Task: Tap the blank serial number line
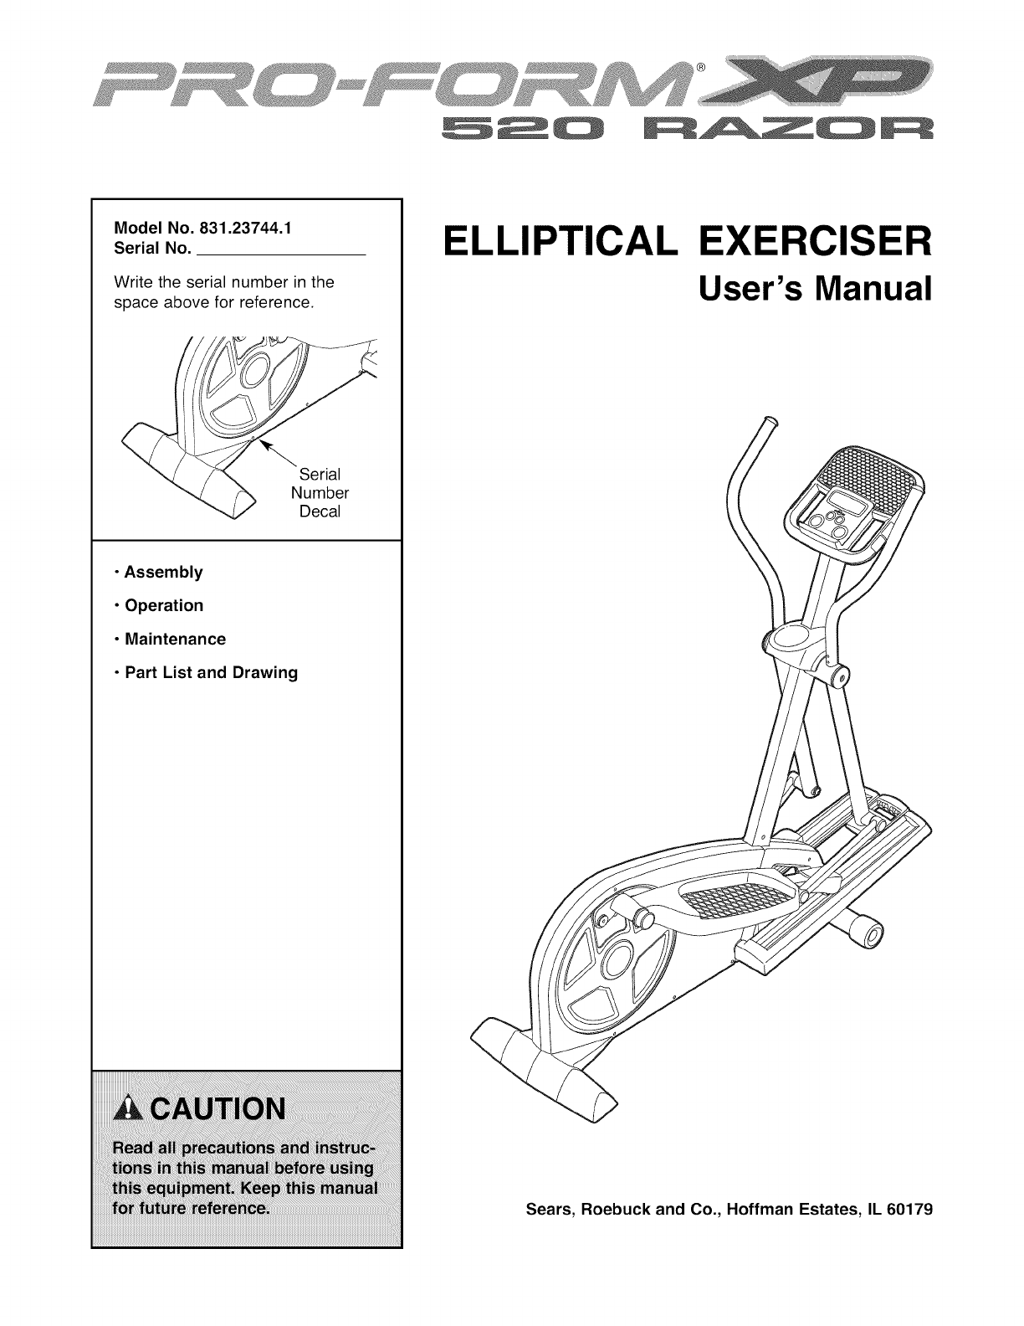coord(284,250)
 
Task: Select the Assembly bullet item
coord(163,573)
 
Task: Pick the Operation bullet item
coord(163,605)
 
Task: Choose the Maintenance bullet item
coord(174,640)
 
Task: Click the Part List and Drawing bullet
coord(210,673)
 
